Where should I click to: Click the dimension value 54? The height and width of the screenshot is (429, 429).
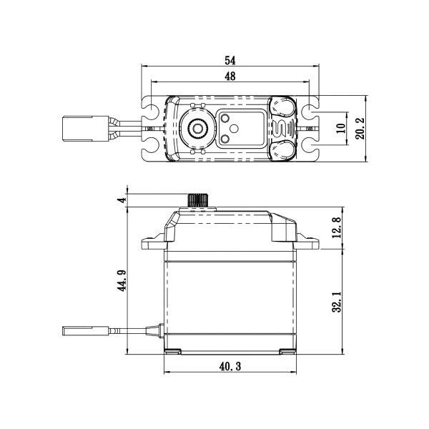230,60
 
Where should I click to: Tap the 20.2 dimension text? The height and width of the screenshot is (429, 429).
360,129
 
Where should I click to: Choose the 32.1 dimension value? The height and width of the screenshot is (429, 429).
337,300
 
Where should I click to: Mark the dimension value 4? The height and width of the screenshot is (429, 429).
122,200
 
